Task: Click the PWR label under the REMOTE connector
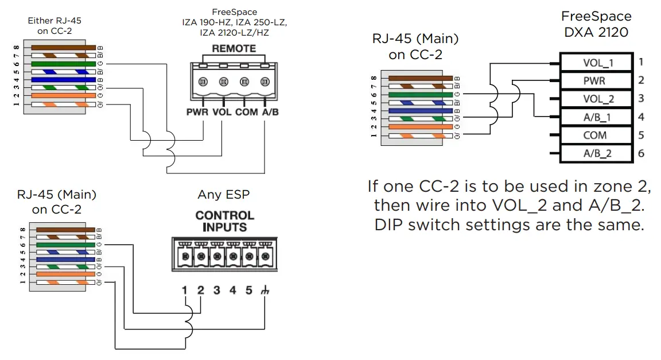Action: click(x=197, y=112)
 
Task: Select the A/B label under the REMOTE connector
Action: click(x=270, y=112)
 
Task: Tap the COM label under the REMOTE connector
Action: click(x=246, y=112)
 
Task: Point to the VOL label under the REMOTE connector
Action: click(x=221, y=112)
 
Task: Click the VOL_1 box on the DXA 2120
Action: click(x=597, y=63)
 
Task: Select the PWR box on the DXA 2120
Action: click(x=597, y=81)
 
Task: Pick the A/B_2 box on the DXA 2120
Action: click(x=597, y=153)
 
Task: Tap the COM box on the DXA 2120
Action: click(x=597, y=136)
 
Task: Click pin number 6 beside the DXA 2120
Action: click(x=641, y=153)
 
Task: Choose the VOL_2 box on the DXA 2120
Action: click(x=597, y=99)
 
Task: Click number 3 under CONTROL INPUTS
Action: click(x=216, y=291)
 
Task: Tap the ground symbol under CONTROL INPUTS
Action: click(x=265, y=291)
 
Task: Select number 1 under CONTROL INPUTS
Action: click(x=185, y=291)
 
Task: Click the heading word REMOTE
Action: click(x=234, y=49)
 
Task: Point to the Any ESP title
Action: click(x=224, y=195)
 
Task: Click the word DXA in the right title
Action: click(x=579, y=32)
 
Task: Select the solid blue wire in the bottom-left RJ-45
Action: click(x=63, y=260)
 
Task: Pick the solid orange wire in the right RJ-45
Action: click(x=417, y=126)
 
